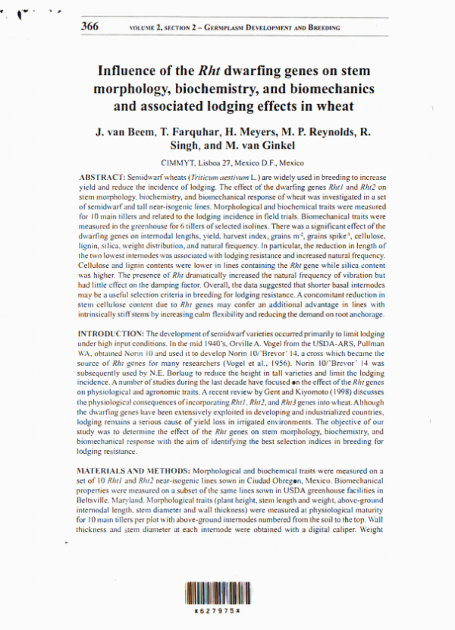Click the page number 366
point(90,26)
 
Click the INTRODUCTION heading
point(111,334)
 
